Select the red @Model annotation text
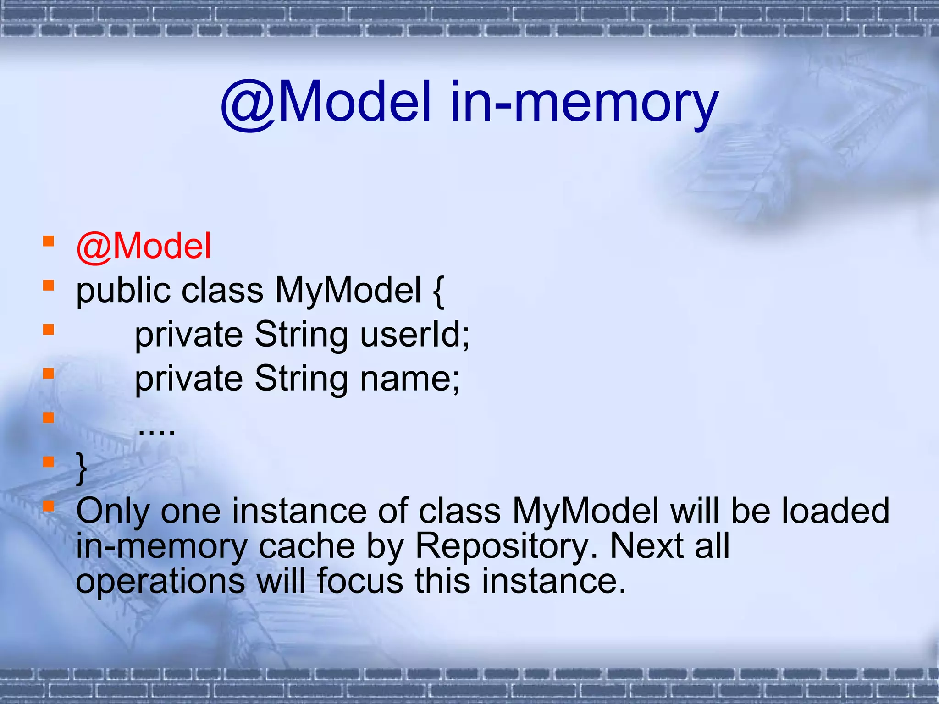point(144,247)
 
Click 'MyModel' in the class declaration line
point(348,291)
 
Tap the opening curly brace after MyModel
point(438,291)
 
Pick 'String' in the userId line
point(301,335)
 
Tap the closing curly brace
point(82,467)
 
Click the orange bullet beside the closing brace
point(49,461)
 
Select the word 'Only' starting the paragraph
point(113,511)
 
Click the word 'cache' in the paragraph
point(307,546)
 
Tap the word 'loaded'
point(835,511)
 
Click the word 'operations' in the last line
point(160,581)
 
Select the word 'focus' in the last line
point(360,581)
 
